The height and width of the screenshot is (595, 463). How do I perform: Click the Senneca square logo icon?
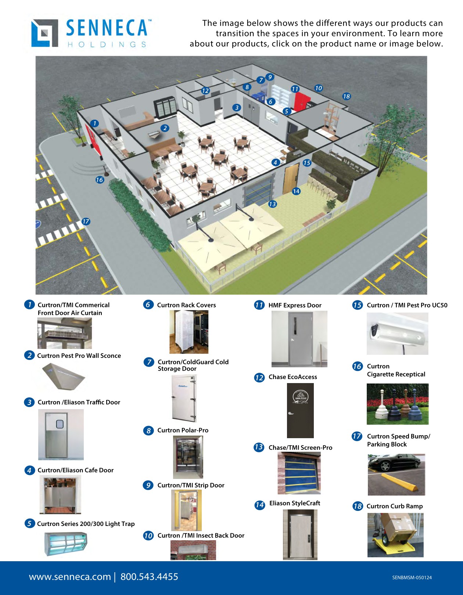pyautogui.click(x=45, y=33)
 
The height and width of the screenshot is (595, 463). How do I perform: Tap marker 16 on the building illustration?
pyautogui.click(x=100, y=180)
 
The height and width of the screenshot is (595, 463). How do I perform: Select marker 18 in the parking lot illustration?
pyautogui.click(x=346, y=96)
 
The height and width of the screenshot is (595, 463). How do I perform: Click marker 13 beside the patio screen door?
pyautogui.click(x=272, y=204)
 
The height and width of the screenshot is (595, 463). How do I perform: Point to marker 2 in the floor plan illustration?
pyautogui.click(x=165, y=128)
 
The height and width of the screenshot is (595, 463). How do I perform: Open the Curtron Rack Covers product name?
pyautogui.click(x=186, y=305)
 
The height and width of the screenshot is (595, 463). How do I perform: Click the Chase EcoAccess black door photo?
pyautogui.click(x=300, y=411)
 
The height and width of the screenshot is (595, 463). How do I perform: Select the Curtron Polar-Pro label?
pyautogui.click(x=183, y=430)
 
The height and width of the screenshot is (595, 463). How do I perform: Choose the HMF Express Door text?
pyautogui.click(x=295, y=305)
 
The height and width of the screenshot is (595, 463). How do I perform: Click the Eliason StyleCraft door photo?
pyautogui.click(x=300, y=534)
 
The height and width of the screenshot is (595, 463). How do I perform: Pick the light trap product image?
pyautogui.click(x=66, y=544)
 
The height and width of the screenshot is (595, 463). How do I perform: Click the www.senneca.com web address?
pyautogui.click(x=70, y=577)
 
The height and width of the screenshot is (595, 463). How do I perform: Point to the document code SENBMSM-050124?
pyautogui.click(x=412, y=577)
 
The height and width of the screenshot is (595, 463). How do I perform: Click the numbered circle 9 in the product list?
pyautogui.click(x=148, y=485)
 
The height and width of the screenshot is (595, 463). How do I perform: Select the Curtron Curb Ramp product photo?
pyautogui.click(x=395, y=535)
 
